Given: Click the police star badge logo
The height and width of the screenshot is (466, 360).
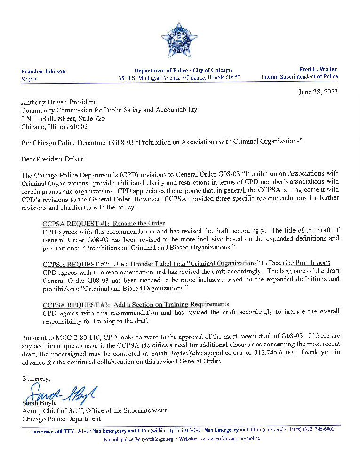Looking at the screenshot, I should tap(179, 40).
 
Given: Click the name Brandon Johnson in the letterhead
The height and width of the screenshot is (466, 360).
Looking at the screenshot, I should tap(43, 71).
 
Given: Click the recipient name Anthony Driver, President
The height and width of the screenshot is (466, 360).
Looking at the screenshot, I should tap(58, 102).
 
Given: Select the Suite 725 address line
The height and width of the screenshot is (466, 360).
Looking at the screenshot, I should tap(63, 118).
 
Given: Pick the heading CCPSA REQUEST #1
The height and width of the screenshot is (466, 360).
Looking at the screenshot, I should tap(104, 223).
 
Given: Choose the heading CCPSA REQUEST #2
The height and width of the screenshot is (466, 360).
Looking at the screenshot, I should tap(186, 263).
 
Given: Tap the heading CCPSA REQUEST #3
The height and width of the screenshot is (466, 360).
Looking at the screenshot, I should tap(136, 304).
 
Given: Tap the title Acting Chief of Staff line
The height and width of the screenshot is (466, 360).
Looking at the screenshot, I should tap(94, 410).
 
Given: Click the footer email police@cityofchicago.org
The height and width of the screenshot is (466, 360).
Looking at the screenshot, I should tap(138, 438).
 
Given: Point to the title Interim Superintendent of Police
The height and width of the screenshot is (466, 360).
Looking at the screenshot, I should tap(300, 77).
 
